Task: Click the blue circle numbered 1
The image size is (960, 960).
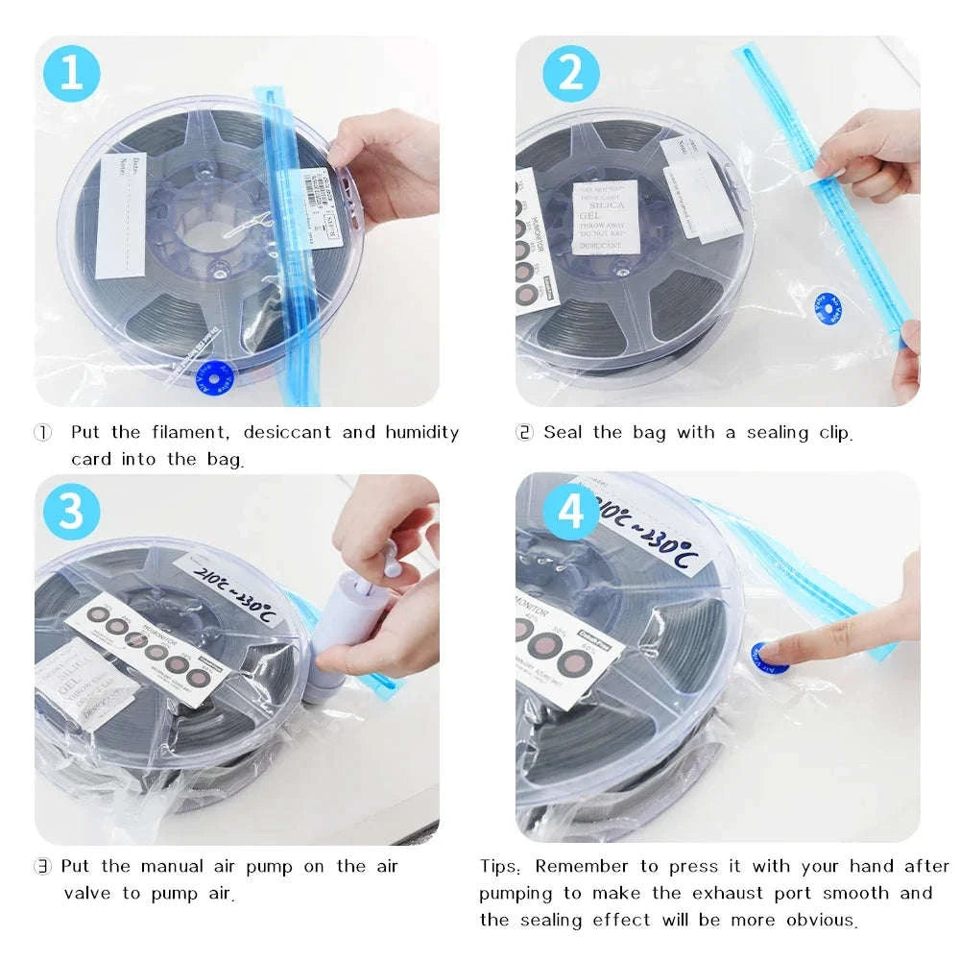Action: coord(73,73)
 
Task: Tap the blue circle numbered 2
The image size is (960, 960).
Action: coord(571,73)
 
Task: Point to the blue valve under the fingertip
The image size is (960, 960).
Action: coord(768,658)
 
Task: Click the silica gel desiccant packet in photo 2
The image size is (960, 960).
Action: coord(606,217)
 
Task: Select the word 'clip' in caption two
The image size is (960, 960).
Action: coord(831,433)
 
